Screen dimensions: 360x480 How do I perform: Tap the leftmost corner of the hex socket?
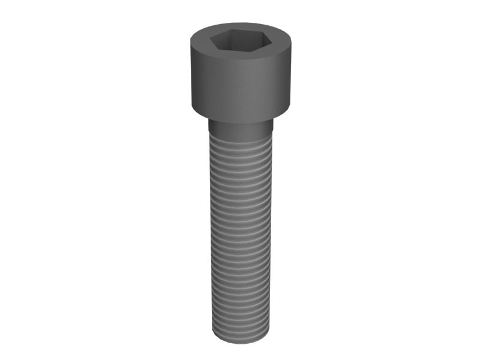click(x=209, y=41)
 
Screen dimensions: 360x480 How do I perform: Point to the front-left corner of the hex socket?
click(x=223, y=50)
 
